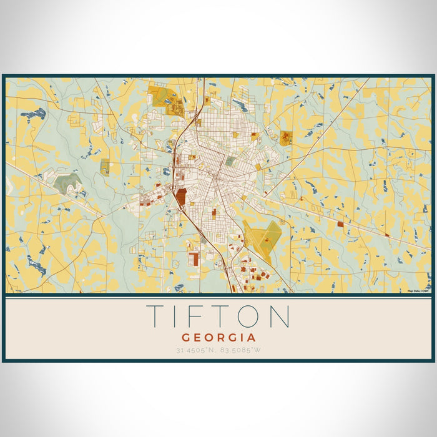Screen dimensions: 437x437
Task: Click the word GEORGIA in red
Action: point(218,336)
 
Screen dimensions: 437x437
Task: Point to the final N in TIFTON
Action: point(278,317)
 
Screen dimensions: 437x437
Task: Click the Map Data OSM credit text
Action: point(418,291)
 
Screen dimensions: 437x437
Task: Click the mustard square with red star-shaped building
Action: point(285,138)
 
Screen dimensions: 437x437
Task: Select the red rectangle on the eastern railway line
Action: point(340,223)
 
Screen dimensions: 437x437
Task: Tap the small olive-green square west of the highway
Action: point(105,167)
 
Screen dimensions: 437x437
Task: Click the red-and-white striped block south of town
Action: point(194,258)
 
